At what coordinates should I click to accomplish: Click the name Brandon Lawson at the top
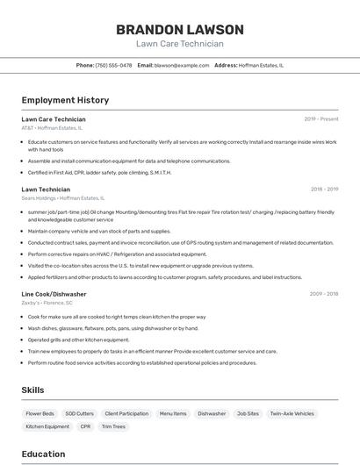tap(179, 29)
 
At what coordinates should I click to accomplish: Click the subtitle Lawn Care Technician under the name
tap(179, 44)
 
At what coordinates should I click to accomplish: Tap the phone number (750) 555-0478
tap(113, 65)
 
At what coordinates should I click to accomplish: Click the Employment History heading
tap(65, 101)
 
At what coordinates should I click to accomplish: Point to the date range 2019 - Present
tap(320, 119)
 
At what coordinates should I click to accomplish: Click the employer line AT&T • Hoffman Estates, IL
tap(52, 128)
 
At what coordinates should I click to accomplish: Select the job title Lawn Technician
tap(46, 189)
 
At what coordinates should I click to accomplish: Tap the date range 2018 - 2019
tap(324, 189)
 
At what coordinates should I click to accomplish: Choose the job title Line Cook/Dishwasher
tap(54, 294)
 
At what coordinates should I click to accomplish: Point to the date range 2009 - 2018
tap(324, 294)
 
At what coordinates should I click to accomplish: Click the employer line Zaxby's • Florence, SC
tap(47, 303)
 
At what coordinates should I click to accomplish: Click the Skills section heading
tap(33, 390)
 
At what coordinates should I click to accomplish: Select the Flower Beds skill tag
tap(40, 413)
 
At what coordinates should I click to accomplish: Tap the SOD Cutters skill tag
tap(79, 413)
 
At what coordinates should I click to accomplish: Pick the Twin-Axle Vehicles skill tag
tap(292, 413)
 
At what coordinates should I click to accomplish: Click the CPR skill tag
tap(85, 426)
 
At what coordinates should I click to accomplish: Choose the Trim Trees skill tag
tap(113, 426)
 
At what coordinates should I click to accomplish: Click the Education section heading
tap(43, 454)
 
